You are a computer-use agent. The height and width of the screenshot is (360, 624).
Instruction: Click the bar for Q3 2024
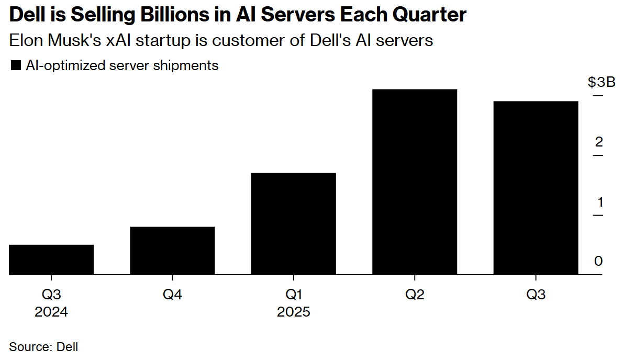click(x=51, y=260)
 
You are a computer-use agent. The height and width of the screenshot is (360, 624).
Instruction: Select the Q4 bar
click(x=172, y=251)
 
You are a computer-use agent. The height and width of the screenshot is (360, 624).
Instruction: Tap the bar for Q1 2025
click(x=294, y=223)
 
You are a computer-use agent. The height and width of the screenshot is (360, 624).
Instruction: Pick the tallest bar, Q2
click(x=415, y=182)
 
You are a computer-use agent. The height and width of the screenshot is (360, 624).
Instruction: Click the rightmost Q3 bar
click(x=536, y=188)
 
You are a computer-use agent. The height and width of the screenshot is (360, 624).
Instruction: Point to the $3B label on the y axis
click(x=601, y=83)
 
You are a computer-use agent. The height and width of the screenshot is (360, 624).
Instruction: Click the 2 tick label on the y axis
click(x=599, y=142)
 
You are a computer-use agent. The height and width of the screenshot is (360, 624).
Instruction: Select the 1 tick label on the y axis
click(x=599, y=202)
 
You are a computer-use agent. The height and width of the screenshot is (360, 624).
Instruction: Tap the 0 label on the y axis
click(x=599, y=261)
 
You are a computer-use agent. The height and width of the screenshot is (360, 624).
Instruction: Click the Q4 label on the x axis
click(x=172, y=295)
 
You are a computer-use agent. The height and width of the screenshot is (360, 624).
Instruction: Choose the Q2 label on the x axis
click(x=415, y=295)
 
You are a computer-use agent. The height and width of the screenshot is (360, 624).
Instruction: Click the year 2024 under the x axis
click(x=51, y=312)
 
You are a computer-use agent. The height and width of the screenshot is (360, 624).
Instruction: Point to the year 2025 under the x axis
click(x=294, y=312)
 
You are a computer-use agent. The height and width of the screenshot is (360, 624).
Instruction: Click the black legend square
click(x=16, y=66)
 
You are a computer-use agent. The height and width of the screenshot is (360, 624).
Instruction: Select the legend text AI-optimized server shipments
click(x=122, y=66)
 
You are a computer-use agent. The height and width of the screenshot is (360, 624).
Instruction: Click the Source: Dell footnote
click(x=43, y=346)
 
